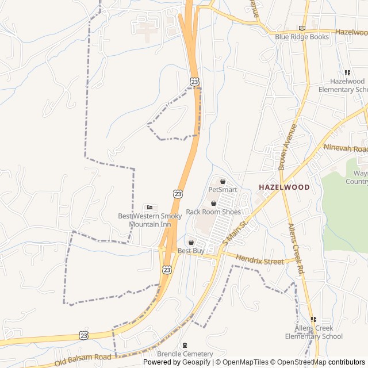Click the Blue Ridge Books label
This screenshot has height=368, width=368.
(302, 37)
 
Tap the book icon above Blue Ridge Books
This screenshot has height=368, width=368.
(302, 28)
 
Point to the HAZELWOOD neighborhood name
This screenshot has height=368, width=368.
(284, 187)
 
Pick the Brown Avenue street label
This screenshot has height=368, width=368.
(287, 147)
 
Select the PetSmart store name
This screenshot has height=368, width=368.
(223, 189)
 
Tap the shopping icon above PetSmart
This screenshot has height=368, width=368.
(223, 181)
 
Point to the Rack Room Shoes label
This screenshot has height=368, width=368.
(213, 212)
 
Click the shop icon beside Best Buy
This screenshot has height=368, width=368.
(191, 243)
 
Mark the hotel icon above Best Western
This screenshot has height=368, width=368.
(150, 208)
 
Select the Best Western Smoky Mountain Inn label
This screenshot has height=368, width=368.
(150, 220)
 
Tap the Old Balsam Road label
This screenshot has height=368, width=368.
(83, 360)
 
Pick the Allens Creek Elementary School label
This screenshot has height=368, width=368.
(319, 332)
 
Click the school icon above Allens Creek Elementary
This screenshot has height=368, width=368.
(313, 319)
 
